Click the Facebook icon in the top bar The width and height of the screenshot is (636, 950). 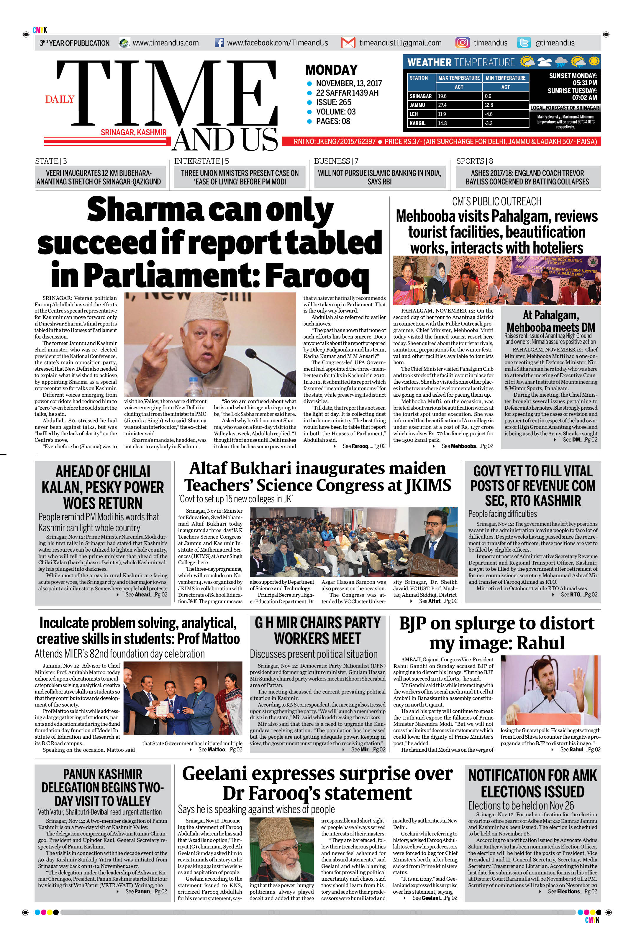219,42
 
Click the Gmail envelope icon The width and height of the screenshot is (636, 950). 348,42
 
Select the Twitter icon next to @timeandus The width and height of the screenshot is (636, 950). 524,42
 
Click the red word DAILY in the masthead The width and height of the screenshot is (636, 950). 60,99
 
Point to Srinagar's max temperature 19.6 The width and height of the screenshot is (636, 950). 442,96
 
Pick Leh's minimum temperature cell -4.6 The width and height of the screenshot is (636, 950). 489,114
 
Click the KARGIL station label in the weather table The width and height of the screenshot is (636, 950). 417,123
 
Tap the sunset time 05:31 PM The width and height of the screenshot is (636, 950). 584,83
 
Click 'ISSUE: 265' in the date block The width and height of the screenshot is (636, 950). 333,102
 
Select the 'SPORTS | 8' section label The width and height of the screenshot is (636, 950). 475,161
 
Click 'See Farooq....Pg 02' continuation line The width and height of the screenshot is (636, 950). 363,447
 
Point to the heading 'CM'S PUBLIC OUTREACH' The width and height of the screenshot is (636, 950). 496,202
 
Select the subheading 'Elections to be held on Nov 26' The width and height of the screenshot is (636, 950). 521,805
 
